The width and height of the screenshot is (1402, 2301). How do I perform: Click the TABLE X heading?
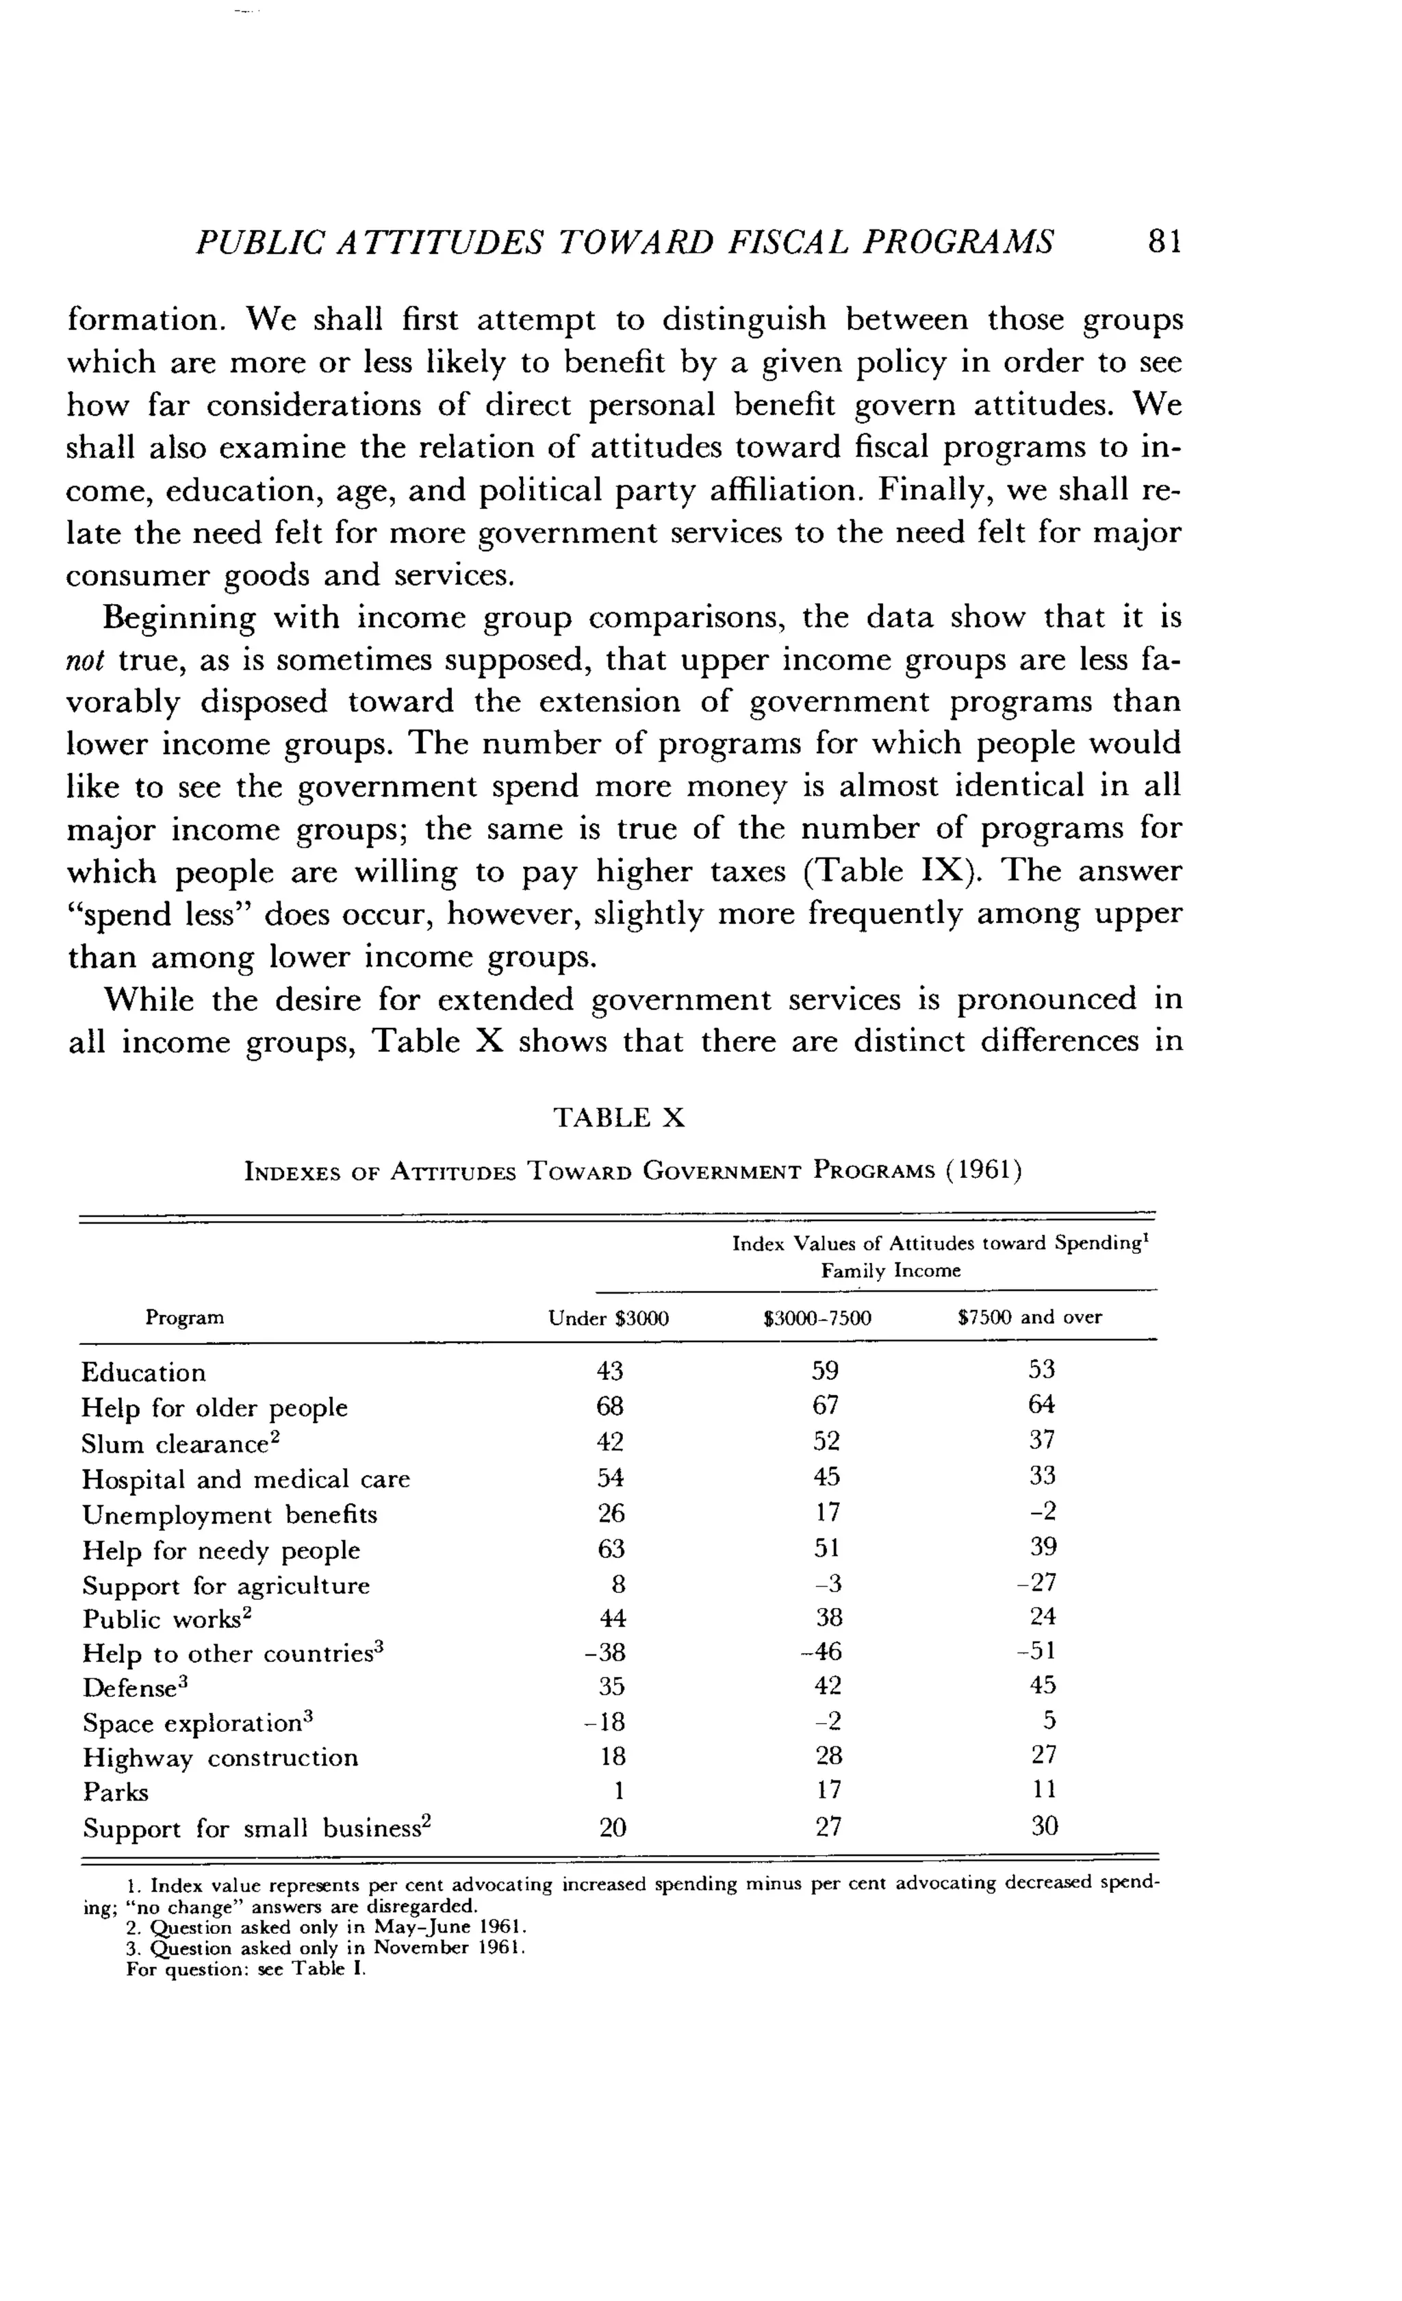(x=619, y=1118)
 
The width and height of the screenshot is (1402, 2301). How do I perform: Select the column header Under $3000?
(x=609, y=1318)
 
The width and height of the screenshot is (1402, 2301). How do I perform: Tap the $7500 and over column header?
(x=1030, y=1317)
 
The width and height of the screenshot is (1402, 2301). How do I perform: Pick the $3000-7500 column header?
(x=817, y=1318)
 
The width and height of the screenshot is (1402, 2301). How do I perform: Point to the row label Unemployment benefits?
(x=229, y=1513)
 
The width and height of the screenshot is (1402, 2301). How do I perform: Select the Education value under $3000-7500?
(x=825, y=1370)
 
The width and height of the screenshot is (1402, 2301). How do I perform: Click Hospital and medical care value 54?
(x=611, y=1476)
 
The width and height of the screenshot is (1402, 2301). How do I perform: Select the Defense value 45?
(x=1043, y=1685)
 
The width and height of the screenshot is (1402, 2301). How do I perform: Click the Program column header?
(x=185, y=1317)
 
